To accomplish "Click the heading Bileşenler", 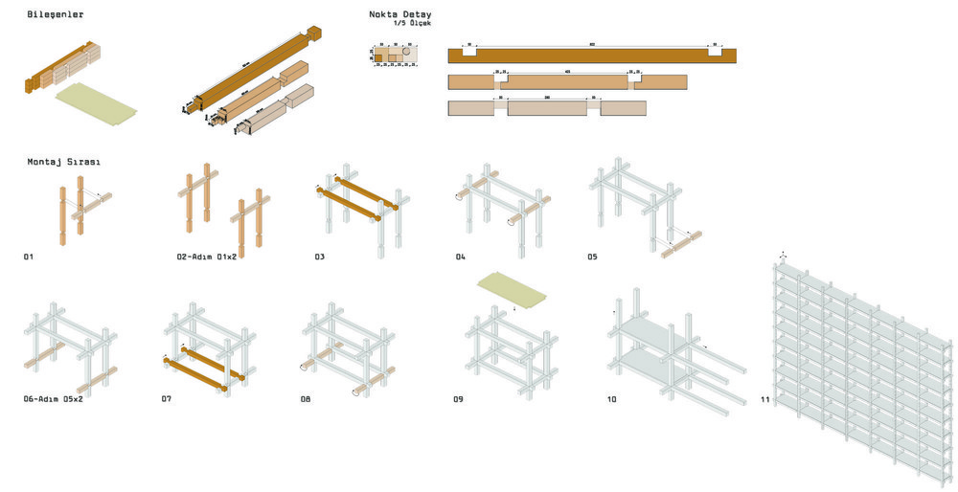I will (x=56, y=14).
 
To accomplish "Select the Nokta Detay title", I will (x=399, y=14).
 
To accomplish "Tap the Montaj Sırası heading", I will (x=64, y=162).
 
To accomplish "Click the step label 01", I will (x=30, y=257).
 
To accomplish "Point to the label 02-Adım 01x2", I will (x=208, y=257).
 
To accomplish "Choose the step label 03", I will (x=320, y=257).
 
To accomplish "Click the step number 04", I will (x=461, y=257).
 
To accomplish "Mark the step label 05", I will (x=593, y=257).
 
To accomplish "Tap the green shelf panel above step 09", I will (x=512, y=288).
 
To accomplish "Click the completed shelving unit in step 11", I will (x=862, y=373).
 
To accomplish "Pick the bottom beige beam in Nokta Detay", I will (x=547, y=108).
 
